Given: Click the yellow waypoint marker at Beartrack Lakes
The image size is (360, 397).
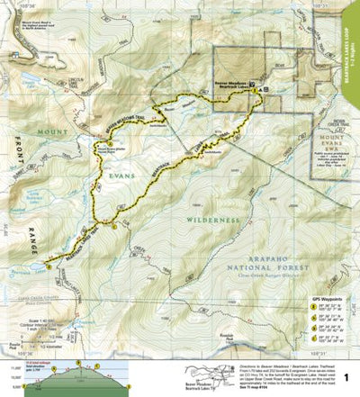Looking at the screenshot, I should pyautogui.click(x=45, y=266).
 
